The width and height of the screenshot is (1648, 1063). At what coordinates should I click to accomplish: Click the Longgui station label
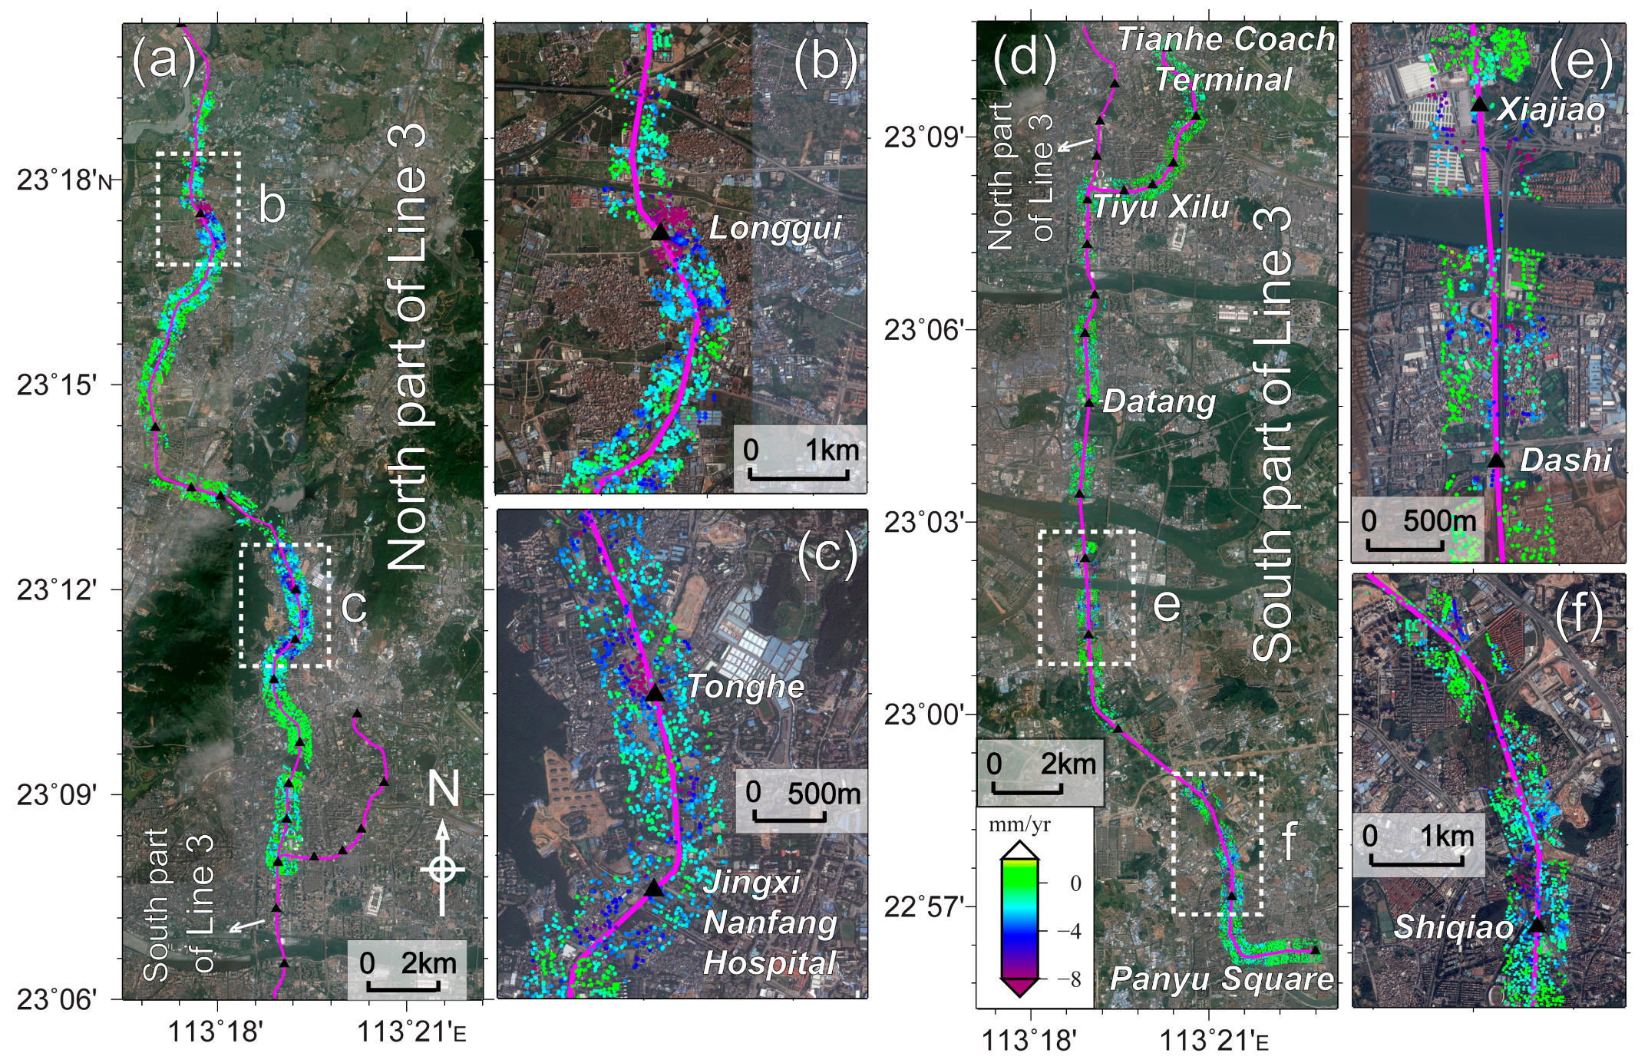coord(775,228)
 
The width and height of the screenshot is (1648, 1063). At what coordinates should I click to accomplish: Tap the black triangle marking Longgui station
coord(660,231)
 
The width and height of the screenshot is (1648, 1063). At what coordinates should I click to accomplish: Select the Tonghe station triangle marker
coord(654,693)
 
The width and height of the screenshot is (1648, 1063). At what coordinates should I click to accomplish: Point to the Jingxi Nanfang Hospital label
coord(770,923)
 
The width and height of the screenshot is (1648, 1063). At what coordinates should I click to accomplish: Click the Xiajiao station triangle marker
coord(1480,105)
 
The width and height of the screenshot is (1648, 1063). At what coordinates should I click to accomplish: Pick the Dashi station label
coord(1565,460)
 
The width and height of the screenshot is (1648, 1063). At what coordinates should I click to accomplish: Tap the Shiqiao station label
coord(1454,927)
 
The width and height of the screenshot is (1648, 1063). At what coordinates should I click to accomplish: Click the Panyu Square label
coord(1222,979)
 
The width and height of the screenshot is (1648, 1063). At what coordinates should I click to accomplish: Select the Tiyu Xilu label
coord(1161,207)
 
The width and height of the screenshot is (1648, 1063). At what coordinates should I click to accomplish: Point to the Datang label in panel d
coord(1159,401)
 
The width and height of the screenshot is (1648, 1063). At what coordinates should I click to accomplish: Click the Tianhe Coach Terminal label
coord(1225,59)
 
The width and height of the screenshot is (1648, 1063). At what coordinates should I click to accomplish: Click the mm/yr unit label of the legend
coord(1019,826)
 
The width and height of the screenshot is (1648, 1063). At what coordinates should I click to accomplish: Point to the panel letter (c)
coord(827,552)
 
